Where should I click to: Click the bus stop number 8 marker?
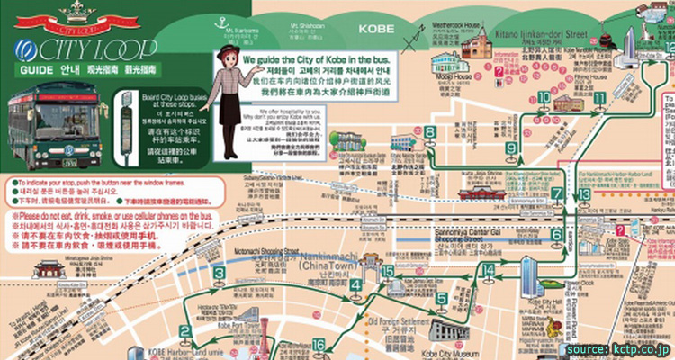pos(430,132)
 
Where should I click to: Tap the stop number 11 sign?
pos(599,96)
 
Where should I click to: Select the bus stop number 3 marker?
pos(219,273)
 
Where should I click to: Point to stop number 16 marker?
pos(319,345)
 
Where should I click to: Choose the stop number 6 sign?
pos(557,234)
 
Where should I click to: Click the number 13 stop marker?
pos(584,193)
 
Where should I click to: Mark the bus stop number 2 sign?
pos(184,331)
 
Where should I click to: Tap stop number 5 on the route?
pos(441,298)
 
